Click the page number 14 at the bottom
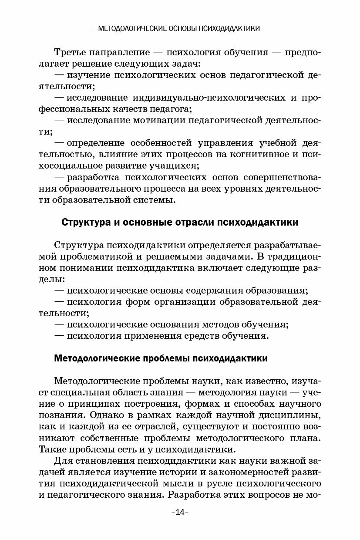tap(180, 512)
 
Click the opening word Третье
tap(70, 53)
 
